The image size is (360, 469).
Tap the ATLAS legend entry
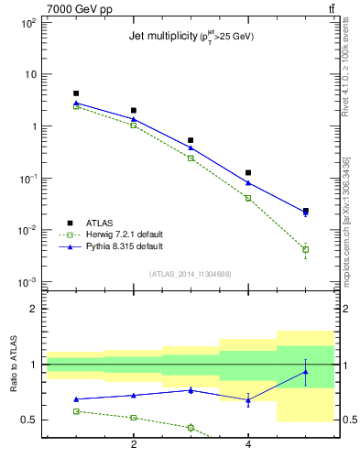[x=99, y=223]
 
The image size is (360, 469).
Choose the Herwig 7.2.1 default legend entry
[x=124, y=234]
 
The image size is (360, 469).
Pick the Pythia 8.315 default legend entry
[x=124, y=246]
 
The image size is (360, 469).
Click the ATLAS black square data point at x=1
[x=76, y=93]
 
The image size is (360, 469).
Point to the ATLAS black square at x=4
[x=248, y=172]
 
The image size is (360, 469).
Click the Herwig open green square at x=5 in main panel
[x=306, y=249]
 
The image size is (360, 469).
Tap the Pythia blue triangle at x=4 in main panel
[x=248, y=183]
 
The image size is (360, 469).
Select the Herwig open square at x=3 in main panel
[x=191, y=158]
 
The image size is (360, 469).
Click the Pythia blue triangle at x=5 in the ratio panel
[x=306, y=371]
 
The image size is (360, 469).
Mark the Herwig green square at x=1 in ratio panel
[x=76, y=411]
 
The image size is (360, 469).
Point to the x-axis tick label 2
[x=134, y=445]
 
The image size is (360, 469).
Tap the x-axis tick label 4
[x=248, y=445]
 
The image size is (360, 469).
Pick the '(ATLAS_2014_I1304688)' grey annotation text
[x=191, y=273]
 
